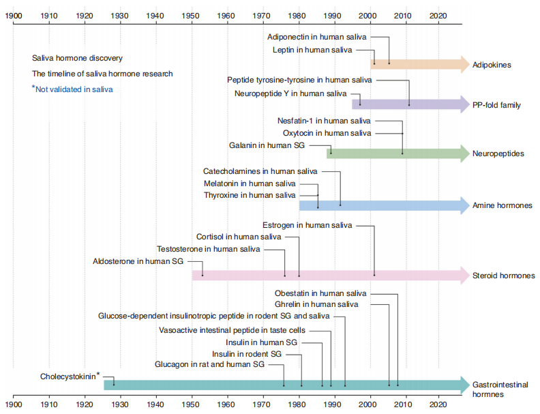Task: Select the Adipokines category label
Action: click(x=492, y=65)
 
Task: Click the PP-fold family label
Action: click(x=496, y=106)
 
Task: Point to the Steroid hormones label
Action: click(x=503, y=276)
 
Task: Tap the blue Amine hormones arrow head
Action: click(x=465, y=205)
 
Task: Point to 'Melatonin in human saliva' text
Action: click(x=250, y=183)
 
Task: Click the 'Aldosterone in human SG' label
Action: click(x=138, y=261)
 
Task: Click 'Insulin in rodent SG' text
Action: click(x=246, y=354)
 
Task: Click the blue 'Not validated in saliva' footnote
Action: click(x=72, y=89)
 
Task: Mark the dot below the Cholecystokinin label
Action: click(x=113, y=385)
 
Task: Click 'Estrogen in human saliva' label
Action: click(x=307, y=224)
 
